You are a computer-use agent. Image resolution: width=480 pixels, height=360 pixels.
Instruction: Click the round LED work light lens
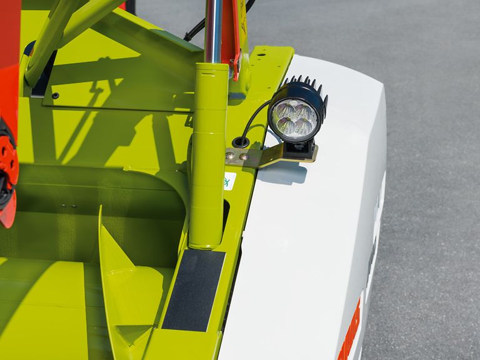pyautogui.click(x=294, y=117)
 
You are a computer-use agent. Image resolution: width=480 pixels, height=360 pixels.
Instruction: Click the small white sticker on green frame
pyautogui.click(x=230, y=181)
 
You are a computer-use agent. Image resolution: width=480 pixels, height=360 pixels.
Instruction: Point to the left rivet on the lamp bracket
pyautogui.click(x=231, y=156)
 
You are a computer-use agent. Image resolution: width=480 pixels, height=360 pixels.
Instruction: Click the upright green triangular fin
pyautogui.click(x=116, y=275)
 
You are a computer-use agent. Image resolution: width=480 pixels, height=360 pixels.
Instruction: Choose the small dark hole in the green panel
pyautogui.click(x=55, y=96)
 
